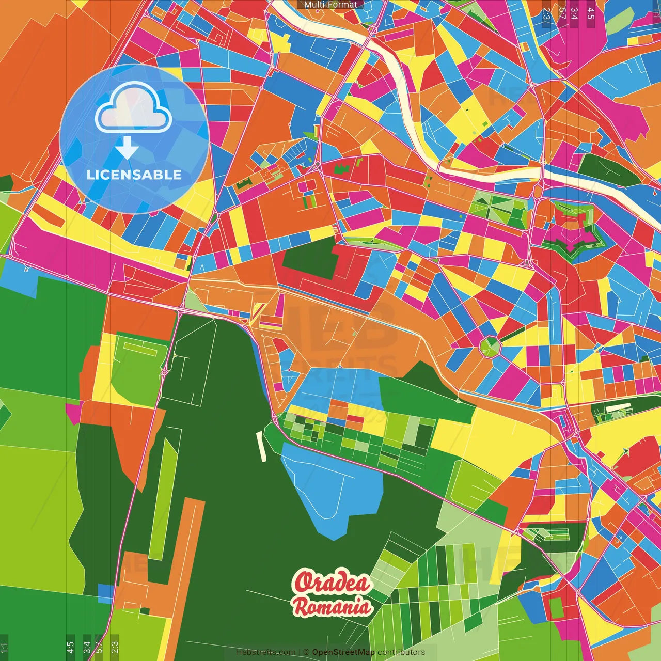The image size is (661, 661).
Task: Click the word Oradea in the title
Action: click(x=332, y=583)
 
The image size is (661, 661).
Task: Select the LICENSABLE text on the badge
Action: click(x=134, y=175)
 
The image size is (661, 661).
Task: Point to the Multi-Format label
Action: click(x=330, y=5)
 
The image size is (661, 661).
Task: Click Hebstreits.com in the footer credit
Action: click(x=265, y=652)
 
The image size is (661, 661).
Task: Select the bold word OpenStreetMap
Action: click(x=343, y=652)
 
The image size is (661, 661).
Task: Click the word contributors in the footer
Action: click(x=401, y=652)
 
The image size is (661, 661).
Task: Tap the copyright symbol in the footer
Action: click(x=306, y=652)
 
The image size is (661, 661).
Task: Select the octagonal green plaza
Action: click(x=490, y=346)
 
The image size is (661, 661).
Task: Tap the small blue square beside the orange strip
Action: click(x=105, y=592)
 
